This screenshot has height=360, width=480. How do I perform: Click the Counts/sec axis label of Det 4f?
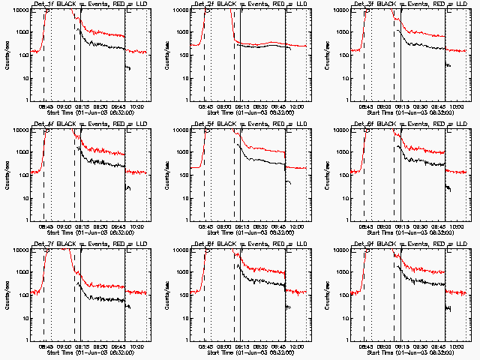7,174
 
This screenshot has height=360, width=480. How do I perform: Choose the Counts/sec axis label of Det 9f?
326,294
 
